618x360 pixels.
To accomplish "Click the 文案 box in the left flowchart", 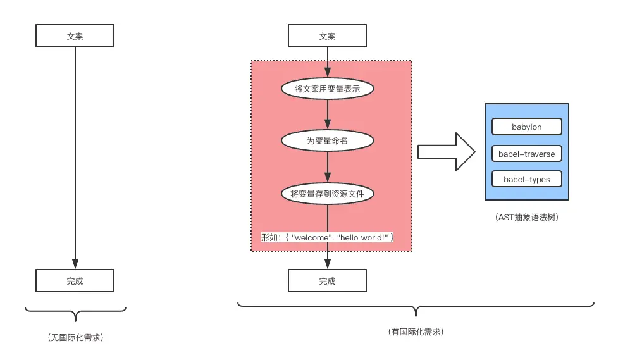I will tap(75, 36).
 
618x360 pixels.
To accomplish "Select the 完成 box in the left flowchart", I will tap(75, 281).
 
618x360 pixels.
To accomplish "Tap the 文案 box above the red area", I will tap(327, 36).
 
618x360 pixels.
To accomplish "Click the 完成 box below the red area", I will tap(327, 281).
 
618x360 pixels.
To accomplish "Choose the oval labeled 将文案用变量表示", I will tap(327, 89).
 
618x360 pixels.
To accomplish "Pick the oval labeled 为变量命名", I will tap(327, 140).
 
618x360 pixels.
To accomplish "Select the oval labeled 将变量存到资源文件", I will tap(327, 194).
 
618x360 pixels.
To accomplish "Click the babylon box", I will tap(526, 127).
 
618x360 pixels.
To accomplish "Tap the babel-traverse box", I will tap(526, 153).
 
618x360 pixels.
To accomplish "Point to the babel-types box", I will tap(526, 180).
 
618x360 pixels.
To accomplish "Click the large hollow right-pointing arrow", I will tap(445, 152).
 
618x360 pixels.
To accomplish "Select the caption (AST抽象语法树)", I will tap(526, 217).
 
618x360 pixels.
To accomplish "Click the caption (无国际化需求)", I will tap(75, 337).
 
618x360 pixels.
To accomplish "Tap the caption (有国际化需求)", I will tap(415, 332).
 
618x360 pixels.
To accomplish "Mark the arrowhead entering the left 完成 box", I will tap(75, 264).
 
